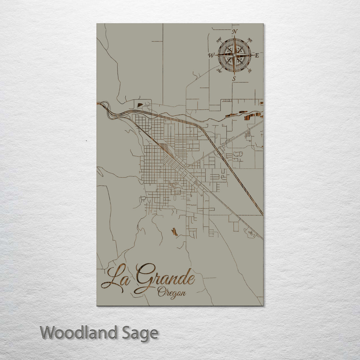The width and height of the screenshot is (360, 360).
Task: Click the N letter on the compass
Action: [235, 32]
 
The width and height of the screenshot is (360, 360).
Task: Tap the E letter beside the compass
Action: [257, 56]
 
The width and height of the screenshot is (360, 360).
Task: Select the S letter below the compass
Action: [234, 79]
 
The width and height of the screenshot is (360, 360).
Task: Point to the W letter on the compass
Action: [211, 55]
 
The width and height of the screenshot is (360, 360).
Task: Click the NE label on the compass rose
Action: [250, 41]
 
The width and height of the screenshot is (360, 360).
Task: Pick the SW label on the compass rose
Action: [219, 70]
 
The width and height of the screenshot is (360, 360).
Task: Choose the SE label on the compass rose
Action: [250, 70]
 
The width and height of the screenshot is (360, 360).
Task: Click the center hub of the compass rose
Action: [234, 55]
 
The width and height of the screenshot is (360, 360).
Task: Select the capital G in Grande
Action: [145, 277]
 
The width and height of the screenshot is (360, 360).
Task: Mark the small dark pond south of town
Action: [174, 232]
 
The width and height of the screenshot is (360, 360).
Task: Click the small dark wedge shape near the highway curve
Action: [140, 105]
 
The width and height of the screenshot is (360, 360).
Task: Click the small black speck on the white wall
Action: [86, 141]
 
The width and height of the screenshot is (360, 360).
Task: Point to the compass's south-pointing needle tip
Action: [234, 75]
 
